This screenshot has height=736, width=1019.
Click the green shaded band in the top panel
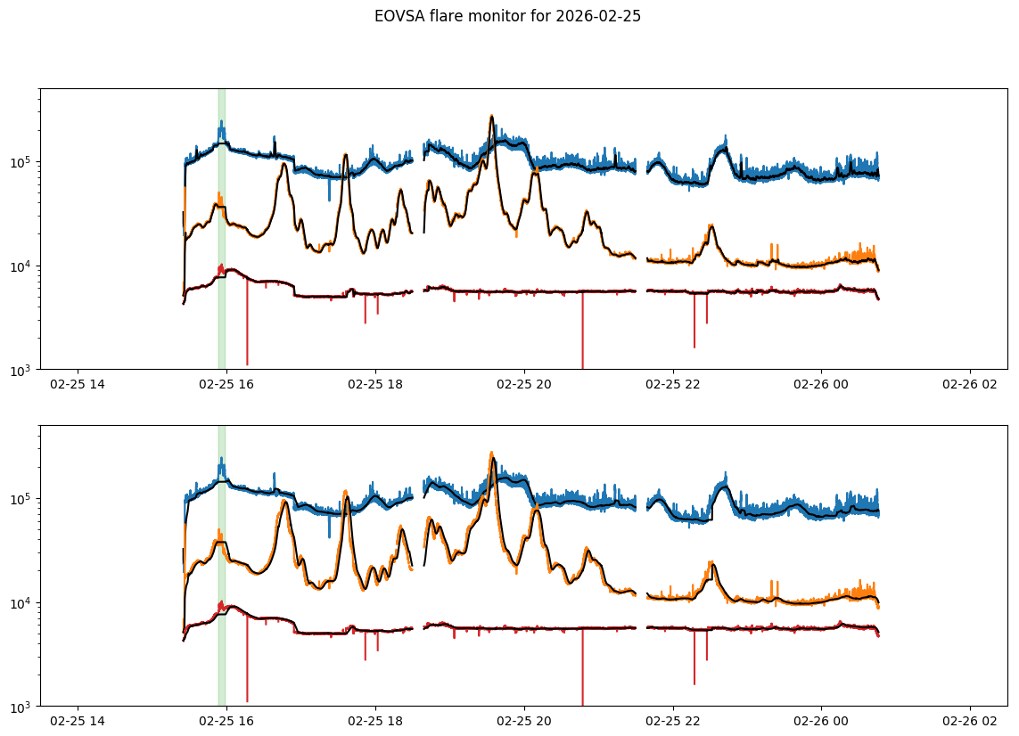pos(221,223)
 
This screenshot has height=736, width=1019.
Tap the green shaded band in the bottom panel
pos(221,561)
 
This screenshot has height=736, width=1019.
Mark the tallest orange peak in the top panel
pos(491,117)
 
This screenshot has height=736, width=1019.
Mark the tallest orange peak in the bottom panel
pos(492,454)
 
